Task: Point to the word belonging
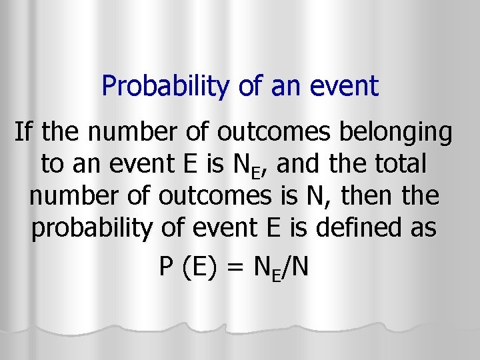(x=396, y=133)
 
